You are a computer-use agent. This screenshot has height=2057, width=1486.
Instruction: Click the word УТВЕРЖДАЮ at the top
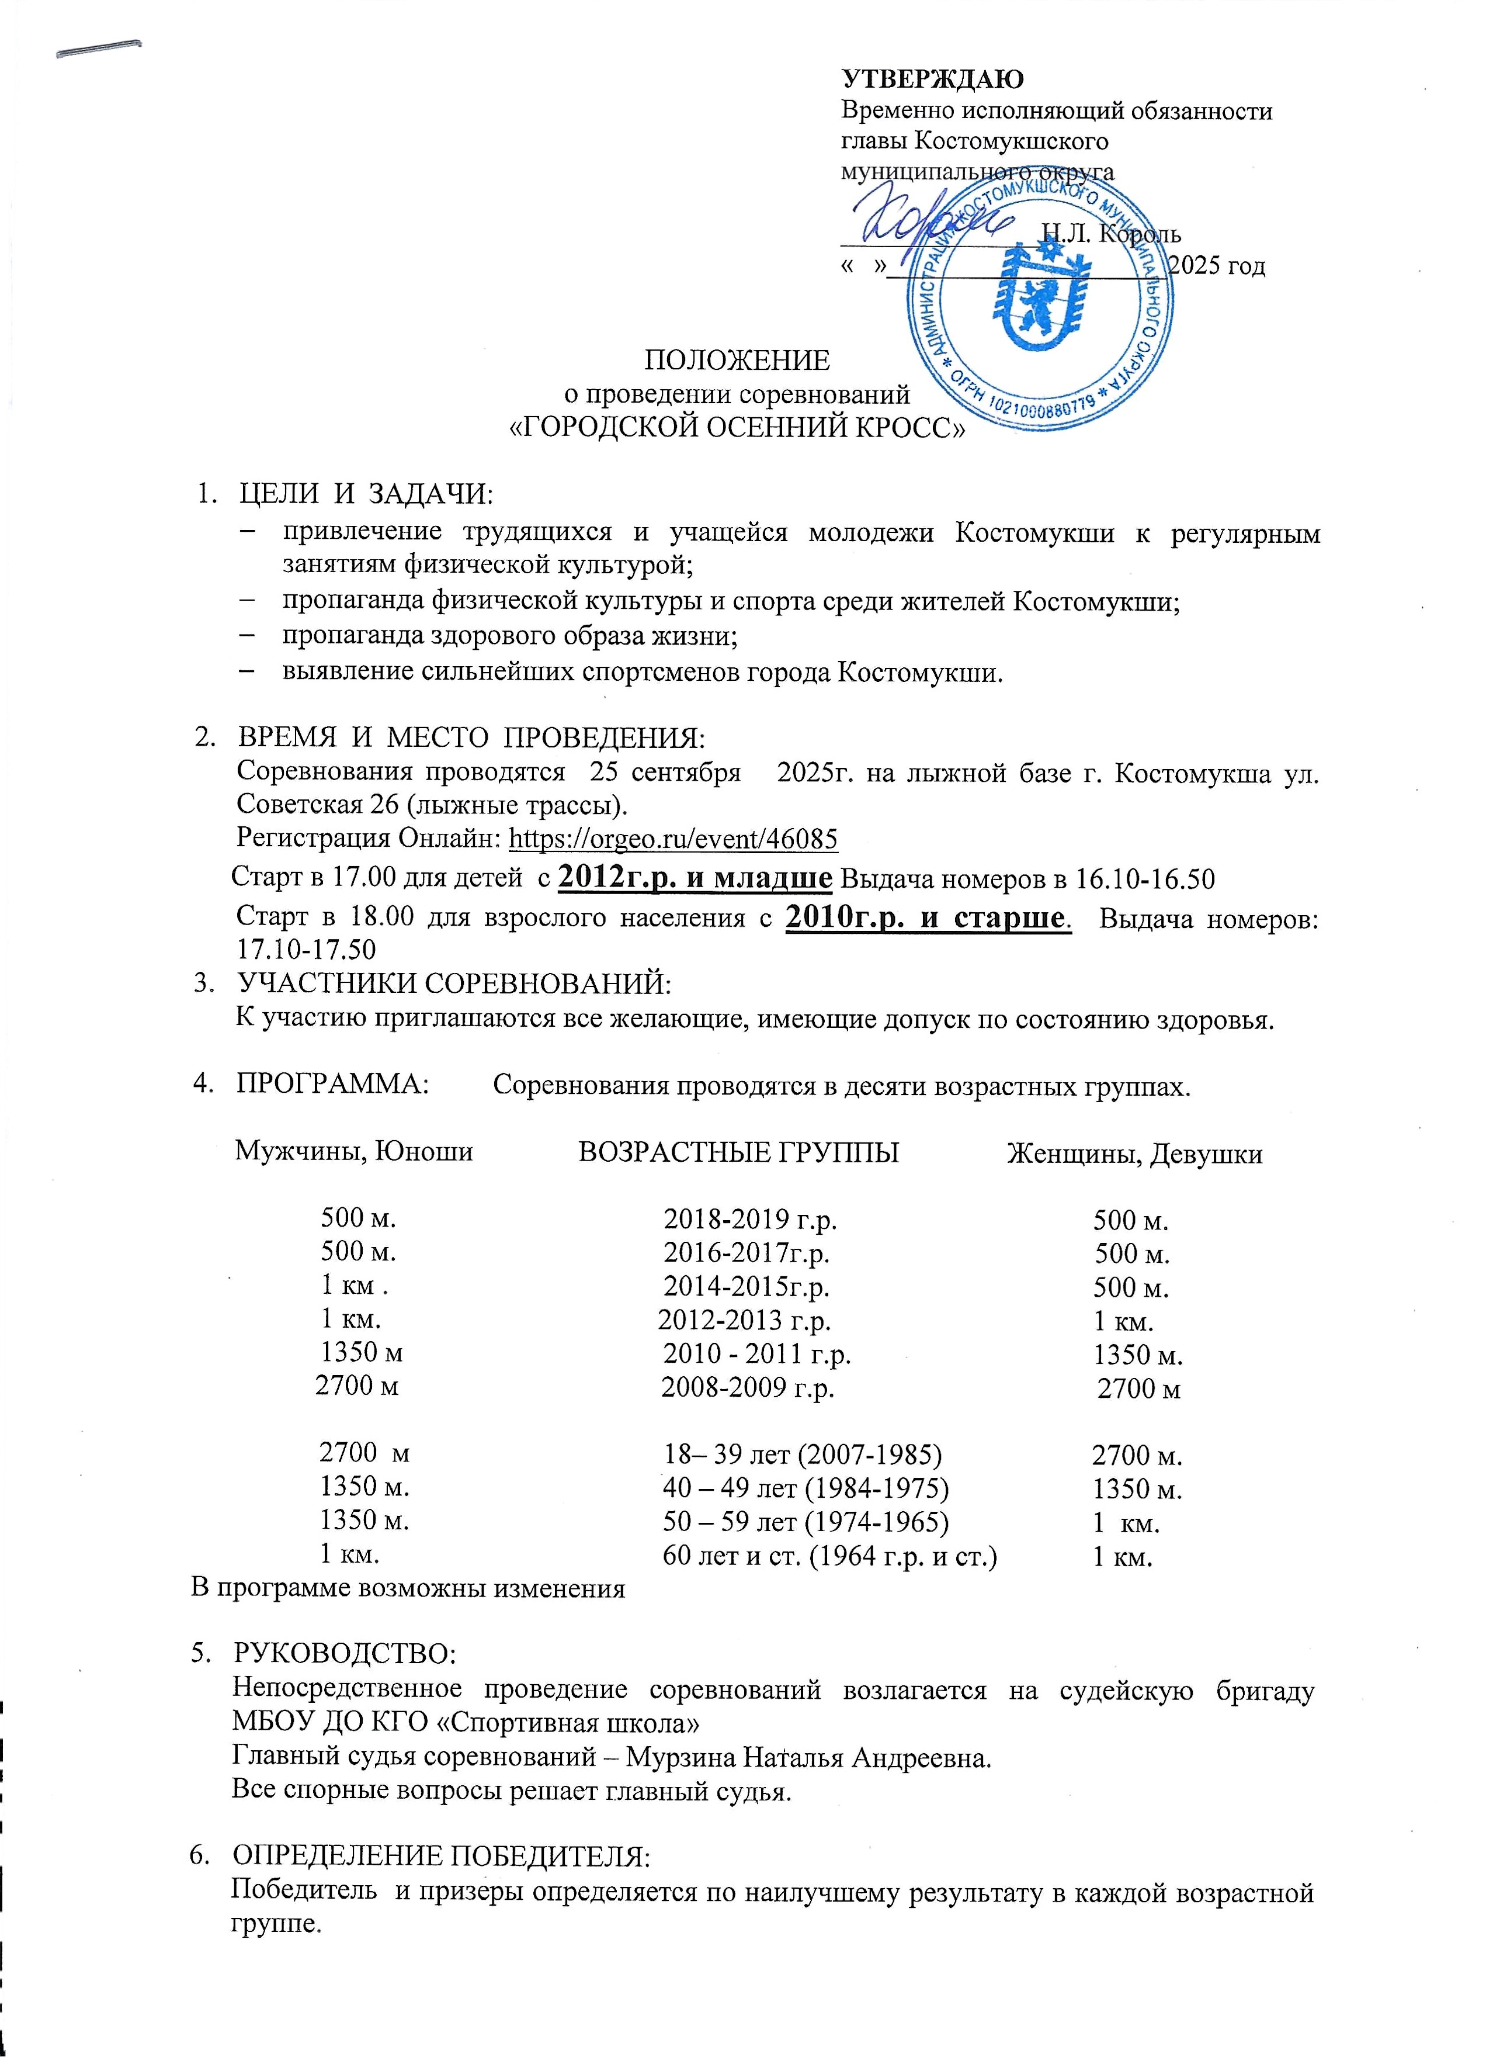932,80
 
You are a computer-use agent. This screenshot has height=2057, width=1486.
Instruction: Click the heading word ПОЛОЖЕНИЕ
736,361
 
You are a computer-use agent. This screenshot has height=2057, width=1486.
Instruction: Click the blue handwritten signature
925,222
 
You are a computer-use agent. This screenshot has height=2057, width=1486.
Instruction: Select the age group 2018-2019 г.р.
750,1219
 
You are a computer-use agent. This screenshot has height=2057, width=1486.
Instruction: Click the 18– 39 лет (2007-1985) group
803,1455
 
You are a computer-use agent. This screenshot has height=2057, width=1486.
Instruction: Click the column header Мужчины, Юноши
353,1152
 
